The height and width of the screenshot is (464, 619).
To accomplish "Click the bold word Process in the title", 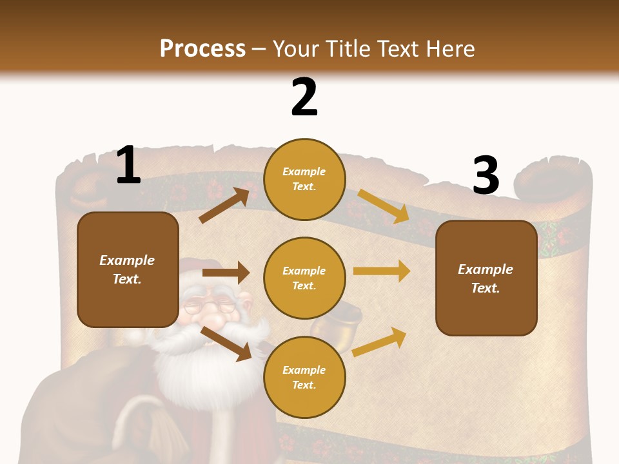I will [202, 48].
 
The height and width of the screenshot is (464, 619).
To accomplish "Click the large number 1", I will [128, 166].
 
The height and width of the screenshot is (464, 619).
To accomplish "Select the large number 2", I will [304, 97].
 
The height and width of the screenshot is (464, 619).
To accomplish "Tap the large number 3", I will [486, 175].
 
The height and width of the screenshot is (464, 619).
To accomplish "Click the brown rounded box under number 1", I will [128, 269].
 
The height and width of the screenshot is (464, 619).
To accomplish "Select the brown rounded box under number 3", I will [486, 278].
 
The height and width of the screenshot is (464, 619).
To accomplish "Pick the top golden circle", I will [304, 179].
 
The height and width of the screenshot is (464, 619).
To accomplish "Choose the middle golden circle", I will [304, 278].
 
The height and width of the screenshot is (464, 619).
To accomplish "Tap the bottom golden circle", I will [304, 377].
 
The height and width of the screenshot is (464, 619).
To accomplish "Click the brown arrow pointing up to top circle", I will [224, 205].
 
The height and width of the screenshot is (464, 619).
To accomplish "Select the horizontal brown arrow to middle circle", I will [226, 272].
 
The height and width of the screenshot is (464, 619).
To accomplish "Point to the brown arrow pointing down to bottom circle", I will [226, 343].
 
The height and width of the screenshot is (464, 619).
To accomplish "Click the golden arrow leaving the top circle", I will [383, 206].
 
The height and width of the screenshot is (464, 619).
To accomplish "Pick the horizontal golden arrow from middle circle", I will [381, 271].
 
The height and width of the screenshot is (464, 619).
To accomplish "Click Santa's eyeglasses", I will [210, 307].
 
